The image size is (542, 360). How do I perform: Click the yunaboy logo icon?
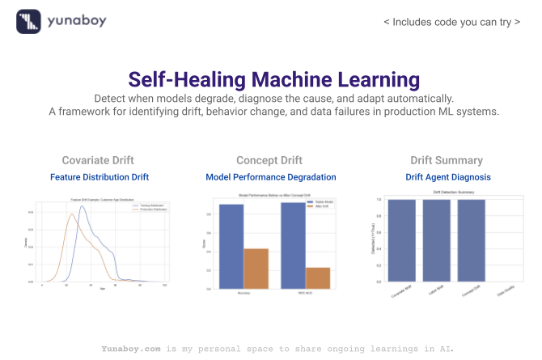click(28, 21)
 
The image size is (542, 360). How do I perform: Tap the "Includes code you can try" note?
click(452, 22)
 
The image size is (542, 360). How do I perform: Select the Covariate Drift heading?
click(98, 160)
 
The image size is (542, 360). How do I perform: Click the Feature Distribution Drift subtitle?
click(99, 176)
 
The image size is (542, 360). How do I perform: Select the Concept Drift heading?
click(270, 160)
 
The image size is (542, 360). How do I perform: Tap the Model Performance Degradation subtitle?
click(271, 176)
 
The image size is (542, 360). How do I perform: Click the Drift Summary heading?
click(447, 160)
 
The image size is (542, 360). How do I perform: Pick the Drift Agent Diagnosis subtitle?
click(447, 176)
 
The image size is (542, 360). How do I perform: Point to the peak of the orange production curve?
click(71, 214)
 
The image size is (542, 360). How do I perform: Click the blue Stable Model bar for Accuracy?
click(231, 247)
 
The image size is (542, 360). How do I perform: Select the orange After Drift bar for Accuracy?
click(256, 268)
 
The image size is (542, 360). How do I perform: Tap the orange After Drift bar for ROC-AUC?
click(318, 277)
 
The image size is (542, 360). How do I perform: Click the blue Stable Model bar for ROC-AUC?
click(293, 245)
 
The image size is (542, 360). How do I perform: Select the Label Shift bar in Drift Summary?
click(436, 240)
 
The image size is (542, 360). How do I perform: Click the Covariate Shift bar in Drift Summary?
click(402, 240)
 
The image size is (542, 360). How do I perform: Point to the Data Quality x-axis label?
click(503, 292)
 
